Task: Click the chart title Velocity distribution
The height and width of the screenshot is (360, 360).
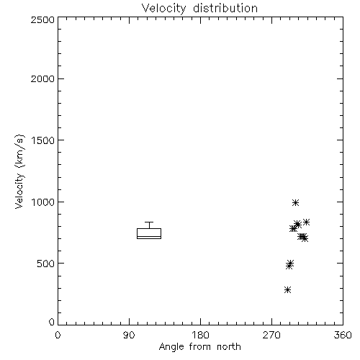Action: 199,9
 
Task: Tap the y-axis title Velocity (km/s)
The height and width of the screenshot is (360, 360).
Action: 19,172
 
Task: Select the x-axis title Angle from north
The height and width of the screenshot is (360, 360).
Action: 199,347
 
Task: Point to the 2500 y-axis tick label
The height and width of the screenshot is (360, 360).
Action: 42,19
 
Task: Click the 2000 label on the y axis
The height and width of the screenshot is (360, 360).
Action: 42,78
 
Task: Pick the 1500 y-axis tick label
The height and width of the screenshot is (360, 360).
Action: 43,140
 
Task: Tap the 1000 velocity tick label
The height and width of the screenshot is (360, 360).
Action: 43,202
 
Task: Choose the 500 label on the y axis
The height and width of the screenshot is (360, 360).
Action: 46,264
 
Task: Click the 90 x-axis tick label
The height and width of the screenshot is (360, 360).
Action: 129,335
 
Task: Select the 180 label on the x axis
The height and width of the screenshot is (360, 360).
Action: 200,335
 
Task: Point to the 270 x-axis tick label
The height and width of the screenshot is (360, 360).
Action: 271,335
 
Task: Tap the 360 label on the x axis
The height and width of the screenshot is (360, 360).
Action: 343,335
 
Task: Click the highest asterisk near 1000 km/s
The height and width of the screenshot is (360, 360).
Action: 295,202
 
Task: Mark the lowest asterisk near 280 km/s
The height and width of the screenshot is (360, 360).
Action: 287,289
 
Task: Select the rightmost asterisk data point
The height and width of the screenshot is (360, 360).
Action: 306,222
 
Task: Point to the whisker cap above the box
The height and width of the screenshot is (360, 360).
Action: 149,222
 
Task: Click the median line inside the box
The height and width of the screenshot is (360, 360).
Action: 149,237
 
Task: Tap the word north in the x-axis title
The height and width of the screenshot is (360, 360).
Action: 229,347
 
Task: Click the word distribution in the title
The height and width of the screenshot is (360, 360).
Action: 225,9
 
